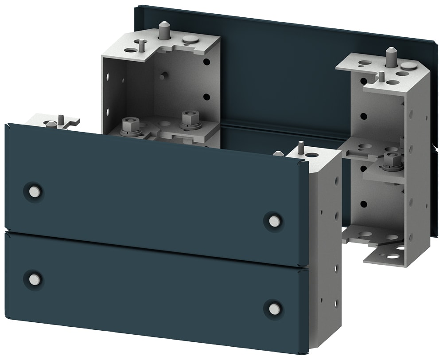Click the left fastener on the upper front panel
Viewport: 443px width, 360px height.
coord(33,191)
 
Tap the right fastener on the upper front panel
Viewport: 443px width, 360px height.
coord(274,220)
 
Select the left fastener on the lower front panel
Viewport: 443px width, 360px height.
coord(34,279)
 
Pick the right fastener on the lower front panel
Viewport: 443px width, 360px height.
coord(274,309)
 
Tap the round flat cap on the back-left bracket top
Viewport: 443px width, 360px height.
coord(190,39)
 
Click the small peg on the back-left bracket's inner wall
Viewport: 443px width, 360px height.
coord(163,75)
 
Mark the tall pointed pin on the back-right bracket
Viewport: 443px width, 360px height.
coord(391,57)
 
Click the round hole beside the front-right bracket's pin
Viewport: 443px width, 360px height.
coord(312,155)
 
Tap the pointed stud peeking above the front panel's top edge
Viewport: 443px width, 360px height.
coord(278,153)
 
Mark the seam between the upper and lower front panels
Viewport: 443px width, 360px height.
coord(155,249)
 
